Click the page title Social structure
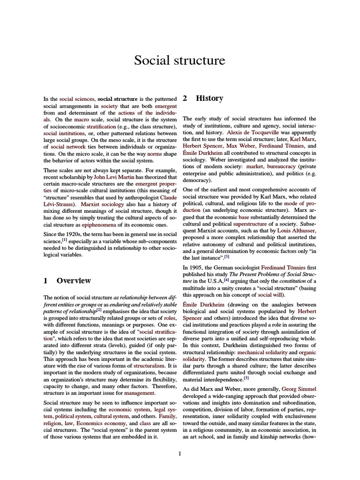point(180,60)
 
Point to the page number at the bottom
point(180,453)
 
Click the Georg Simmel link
point(299,389)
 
